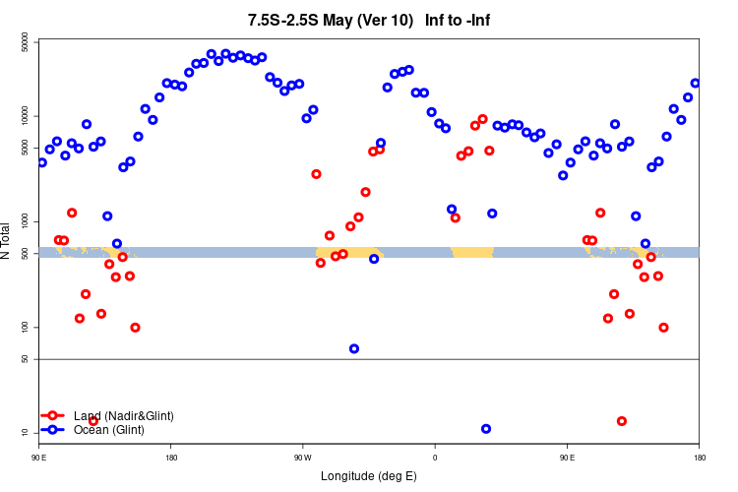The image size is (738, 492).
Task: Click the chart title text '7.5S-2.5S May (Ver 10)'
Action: point(331,20)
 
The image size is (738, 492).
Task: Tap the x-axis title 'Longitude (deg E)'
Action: point(369,476)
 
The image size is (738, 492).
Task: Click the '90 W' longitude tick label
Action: point(302,458)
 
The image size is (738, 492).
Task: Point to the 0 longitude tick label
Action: point(435,458)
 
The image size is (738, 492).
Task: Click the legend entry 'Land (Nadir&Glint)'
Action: point(123,416)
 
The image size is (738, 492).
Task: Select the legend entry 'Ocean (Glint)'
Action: point(108,429)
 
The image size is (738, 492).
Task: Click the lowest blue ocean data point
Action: point(486,429)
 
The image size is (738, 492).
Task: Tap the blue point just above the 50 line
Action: point(354,348)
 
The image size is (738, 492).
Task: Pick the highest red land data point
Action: point(482,119)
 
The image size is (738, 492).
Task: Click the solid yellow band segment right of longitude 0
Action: point(472,253)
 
